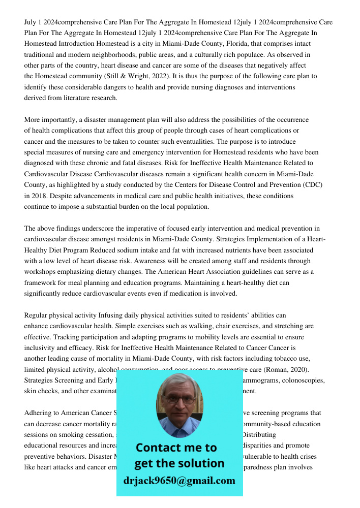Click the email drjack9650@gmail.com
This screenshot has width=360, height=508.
point(179,480)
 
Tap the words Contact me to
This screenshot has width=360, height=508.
point(176,448)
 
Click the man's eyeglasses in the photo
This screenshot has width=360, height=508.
point(179,399)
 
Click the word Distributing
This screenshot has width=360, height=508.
point(259,435)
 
